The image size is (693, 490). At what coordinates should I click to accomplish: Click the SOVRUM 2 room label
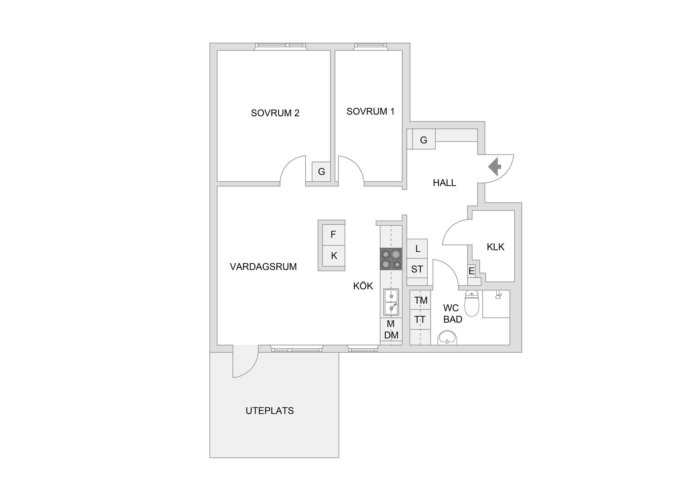coord(275,113)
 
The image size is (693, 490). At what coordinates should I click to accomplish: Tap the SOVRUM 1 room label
coord(370,112)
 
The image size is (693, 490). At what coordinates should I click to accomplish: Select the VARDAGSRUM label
coord(263,266)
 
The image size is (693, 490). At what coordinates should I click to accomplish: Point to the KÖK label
coord(363,286)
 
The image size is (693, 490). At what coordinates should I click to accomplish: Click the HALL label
coord(444,183)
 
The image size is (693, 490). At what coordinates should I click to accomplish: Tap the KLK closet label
coord(496,247)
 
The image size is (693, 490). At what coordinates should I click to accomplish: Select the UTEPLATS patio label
coord(270,411)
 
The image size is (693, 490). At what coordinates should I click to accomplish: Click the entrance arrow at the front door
coord(495,166)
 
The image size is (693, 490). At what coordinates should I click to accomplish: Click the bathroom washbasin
coord(447,338)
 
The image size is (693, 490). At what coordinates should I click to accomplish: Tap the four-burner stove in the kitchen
coord(391,259)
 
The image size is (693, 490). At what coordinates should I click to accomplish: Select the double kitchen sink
coord(391,302)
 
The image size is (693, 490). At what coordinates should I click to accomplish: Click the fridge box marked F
coord(333,235)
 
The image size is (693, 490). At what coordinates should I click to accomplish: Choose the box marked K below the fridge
coord(334,256)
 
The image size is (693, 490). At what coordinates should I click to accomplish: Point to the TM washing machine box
coord(420,300)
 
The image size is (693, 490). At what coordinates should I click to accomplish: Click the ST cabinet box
coord(417,269)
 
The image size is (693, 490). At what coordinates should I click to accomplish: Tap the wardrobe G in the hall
coord(424,140)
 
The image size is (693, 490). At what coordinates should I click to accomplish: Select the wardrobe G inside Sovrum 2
coord(321,172)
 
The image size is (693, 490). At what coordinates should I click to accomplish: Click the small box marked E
coord(471,271)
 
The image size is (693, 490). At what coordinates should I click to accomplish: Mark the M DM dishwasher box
coord(391,329)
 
